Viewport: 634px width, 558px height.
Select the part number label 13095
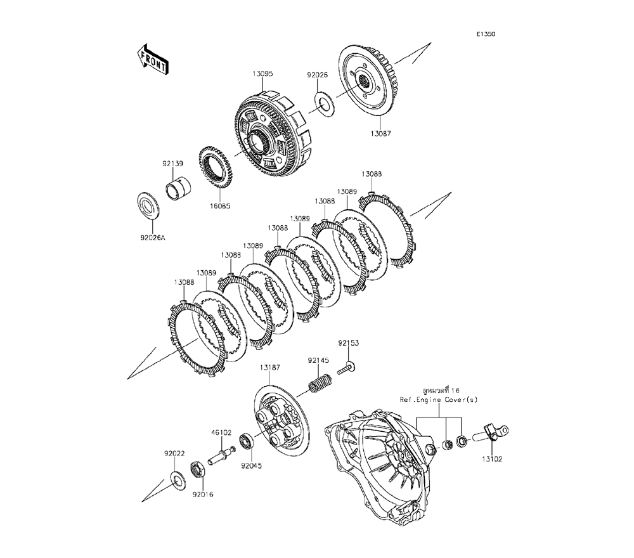click(262, 74)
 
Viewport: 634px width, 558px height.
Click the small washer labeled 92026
click(325, 103)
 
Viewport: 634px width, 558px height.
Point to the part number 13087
click(381, 134)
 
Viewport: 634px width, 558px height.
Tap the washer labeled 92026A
click(150, 206)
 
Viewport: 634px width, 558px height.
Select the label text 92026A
click(152, 238)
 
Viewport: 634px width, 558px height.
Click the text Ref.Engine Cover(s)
click(439, 400)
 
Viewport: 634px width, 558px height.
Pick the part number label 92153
click(347, 342)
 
